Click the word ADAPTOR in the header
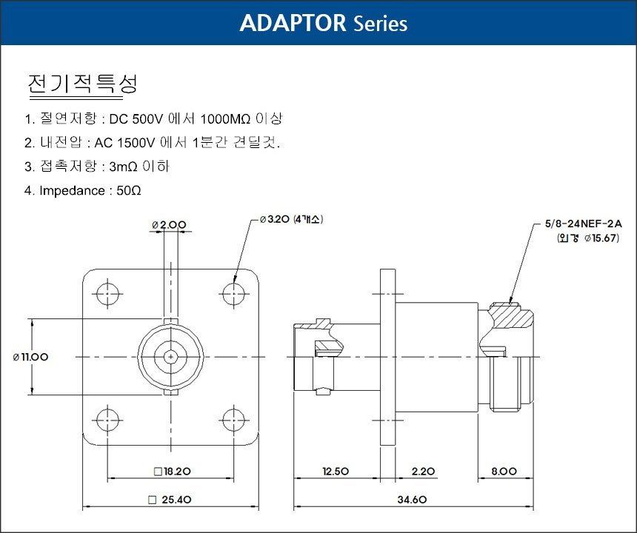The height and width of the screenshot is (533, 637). pyautogui.click(x=293, y=23)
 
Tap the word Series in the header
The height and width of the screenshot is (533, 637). pyautogui.click(x=380, y=24)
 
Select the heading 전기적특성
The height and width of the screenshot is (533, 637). pyautogui.click(x=82, y=84)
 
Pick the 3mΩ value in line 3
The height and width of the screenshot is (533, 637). pyautogui.click(x=123, y=167)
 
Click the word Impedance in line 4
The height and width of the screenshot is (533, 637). pyautogui.click(x=73, y=191)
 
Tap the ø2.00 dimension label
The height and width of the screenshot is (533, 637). pyautogui.click(x=169, y=224)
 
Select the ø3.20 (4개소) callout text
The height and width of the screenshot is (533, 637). pyautogui.click(x=291, y=219)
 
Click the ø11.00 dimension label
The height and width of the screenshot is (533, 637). pyautogui.click(x=30, y=357)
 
